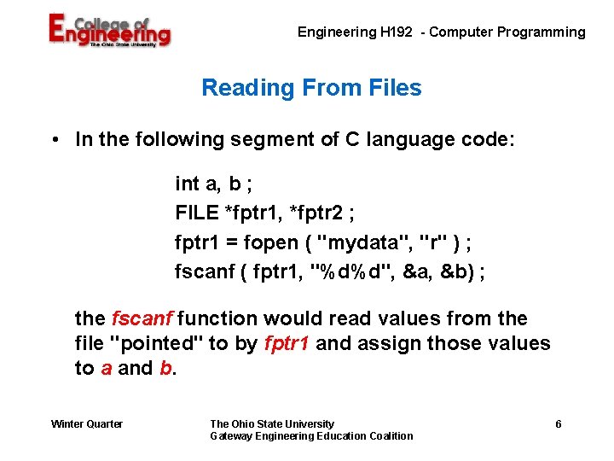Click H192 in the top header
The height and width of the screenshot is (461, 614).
400,32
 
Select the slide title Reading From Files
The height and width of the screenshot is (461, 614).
311,88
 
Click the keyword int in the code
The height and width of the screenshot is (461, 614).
186,184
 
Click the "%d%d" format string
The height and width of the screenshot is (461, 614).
348,272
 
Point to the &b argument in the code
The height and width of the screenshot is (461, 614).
457,272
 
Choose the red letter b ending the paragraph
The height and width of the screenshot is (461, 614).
165,369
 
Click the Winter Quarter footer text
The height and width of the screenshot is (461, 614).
87,424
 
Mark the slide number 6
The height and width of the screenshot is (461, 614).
558,424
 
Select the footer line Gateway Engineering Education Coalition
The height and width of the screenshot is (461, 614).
311,436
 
